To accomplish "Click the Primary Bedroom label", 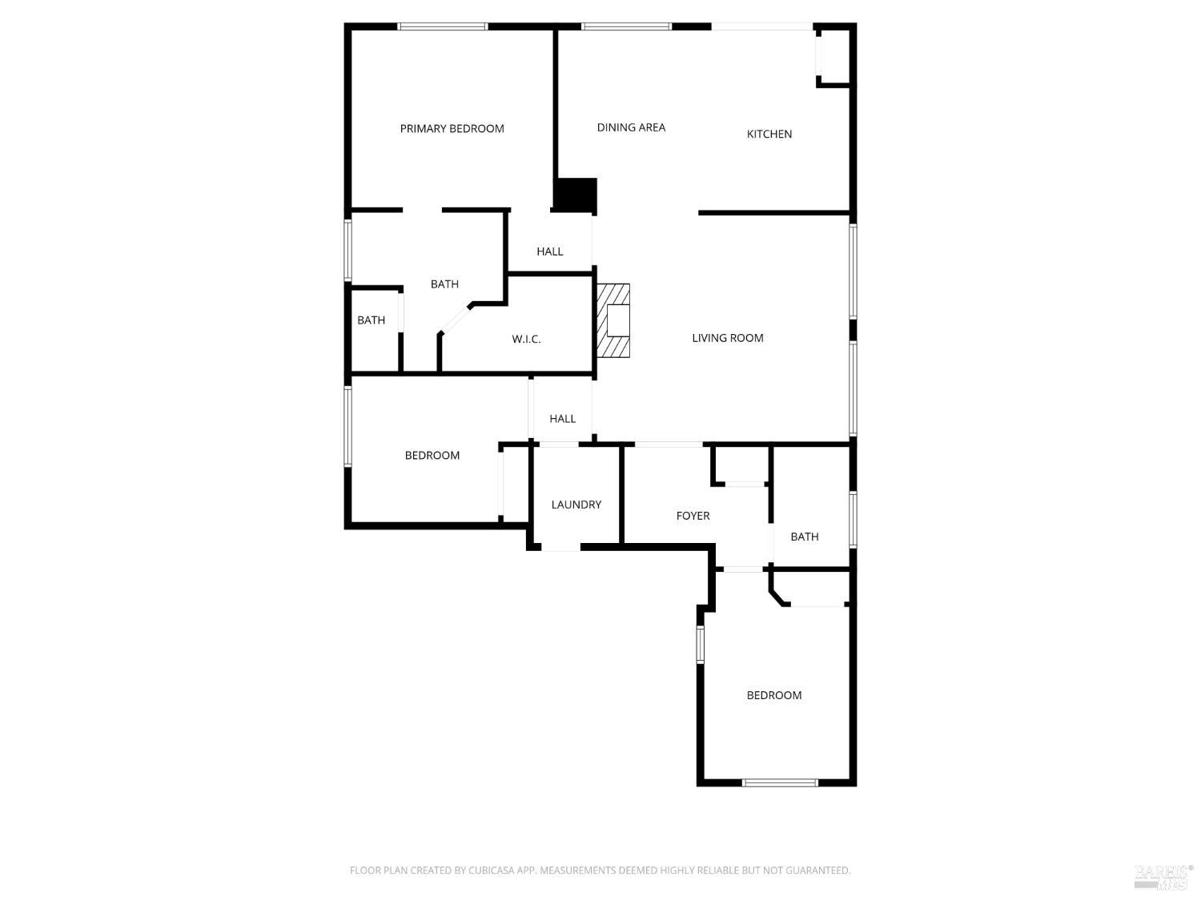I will tap(452, 128).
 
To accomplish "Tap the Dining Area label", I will tap(631, 127).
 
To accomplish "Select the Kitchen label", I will tap(769, 134).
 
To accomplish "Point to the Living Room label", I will tap(727, 338).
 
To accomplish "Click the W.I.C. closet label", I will tap(526, 339).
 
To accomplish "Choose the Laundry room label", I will tap(576, 505).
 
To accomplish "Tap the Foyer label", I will tap(693, 516).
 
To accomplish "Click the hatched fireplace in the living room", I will tap(613, 321).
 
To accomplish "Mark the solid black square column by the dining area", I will tap(576, 195).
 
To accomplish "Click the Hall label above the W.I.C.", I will tap(549, 251).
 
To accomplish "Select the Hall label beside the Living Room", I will tap(562, 419).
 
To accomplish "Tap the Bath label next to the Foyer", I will tap(804, 537).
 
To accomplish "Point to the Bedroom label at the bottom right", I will tap(773, 695).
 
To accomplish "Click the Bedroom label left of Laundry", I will tap(432, 456).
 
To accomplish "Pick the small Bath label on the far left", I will tap(371, 320).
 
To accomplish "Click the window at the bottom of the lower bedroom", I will tap(780, 782).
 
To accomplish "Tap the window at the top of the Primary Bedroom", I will tap(443, 26).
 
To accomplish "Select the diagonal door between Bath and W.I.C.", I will tap(456, 319).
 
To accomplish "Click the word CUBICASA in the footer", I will tap(490, 871).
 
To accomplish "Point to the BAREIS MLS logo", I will tap(1162, 876).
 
